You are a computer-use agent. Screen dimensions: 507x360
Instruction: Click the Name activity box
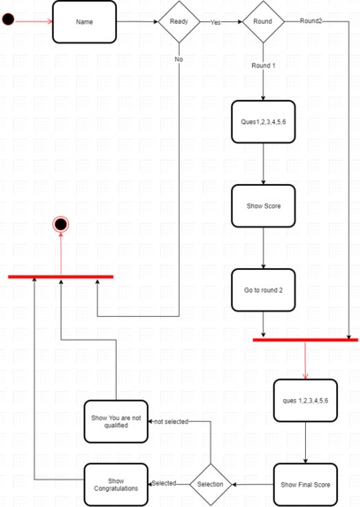click(84, 22)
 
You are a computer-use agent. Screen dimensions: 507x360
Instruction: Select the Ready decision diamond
click(179, 22)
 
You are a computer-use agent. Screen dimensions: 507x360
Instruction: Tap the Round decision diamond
click(264, 22)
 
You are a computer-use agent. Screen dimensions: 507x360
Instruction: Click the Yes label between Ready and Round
click(215, 23)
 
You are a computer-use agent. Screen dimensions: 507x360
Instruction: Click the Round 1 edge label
click(264, 65)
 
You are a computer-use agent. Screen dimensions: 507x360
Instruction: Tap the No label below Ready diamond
click(179, 58)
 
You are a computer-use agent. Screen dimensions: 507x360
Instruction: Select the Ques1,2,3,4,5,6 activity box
click(264, 122)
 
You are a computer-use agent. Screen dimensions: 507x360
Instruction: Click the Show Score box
click(264, 206)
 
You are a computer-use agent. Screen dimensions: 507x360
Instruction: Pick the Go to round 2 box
click(264, 289)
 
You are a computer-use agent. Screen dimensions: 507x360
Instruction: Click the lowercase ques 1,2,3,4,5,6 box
click(305, 401)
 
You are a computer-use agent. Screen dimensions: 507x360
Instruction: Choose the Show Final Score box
click(305, 484)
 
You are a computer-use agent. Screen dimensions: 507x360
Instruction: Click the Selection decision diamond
click(211, 484)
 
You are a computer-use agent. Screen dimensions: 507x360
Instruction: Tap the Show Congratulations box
click(115, 484)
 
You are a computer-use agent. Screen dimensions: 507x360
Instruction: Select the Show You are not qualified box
click(115, 421)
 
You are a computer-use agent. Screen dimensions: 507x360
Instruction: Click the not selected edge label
click(170, 421)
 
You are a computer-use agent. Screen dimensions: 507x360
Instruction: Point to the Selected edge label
click(164, 483)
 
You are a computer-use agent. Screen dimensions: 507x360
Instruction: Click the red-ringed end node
click(60, 225)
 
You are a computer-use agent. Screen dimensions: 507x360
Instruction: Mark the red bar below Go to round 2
click(305, 339)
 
